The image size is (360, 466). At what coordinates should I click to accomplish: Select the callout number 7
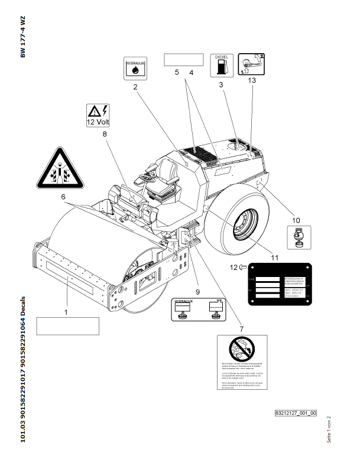241,328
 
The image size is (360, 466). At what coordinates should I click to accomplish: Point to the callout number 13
253,85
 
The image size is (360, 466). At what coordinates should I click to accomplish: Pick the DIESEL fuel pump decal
221,65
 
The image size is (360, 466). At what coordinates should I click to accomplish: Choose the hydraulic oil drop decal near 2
135,69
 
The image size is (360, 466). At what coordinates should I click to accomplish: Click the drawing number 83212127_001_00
296,413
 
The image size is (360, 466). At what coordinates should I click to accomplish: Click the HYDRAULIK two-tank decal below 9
197,309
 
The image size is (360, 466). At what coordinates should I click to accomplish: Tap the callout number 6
63,195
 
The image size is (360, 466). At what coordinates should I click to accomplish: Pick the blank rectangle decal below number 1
67,325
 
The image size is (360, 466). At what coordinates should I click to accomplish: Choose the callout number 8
105,134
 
